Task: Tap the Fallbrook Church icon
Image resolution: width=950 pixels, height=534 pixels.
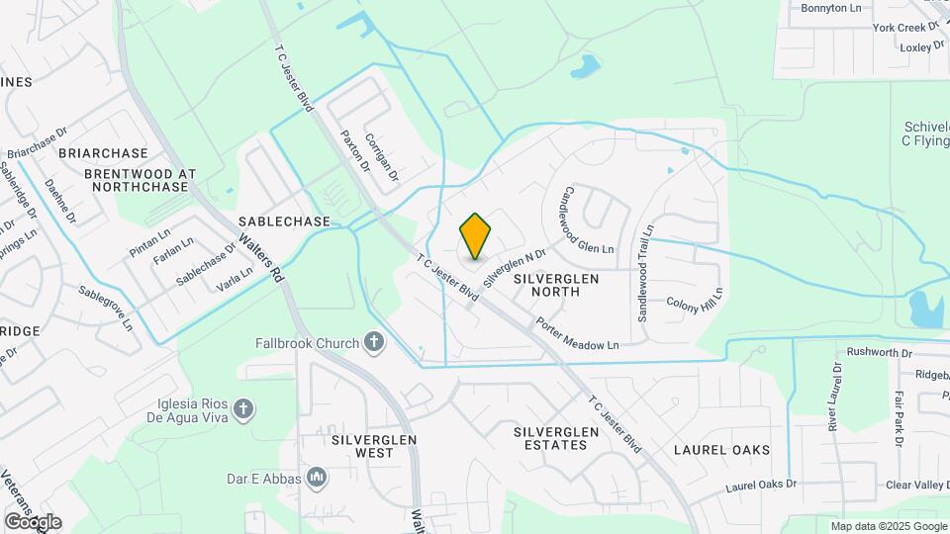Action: (x=374, y=343)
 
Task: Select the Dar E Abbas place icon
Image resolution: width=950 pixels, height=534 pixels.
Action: (x=317, y=479)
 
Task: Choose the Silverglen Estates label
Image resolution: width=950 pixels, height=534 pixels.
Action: (x=556, y=439)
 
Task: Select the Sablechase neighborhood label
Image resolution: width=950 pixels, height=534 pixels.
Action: (x=283, y=222)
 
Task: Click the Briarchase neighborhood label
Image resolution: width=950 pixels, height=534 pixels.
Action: (x=102, y=153)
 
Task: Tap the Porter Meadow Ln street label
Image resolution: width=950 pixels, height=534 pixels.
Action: (x=577, y=333)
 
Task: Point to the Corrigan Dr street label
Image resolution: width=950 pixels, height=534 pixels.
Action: (x=381, y=156)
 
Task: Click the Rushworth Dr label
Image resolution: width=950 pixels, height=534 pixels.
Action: (x=879, y=352)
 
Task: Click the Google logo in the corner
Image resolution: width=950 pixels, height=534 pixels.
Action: (x=33, y=522)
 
